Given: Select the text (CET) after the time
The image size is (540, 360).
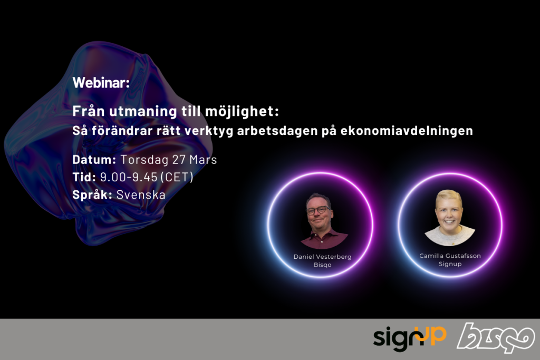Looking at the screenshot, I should point(178,177).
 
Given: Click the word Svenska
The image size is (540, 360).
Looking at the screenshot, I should point(141,194).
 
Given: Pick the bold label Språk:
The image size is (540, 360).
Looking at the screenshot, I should point(92,194).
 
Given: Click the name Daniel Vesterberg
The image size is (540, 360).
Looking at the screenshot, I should point(322,256).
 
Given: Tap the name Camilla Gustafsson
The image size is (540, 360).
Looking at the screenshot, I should point(450,256).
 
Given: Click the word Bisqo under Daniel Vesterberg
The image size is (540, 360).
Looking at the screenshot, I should point(322,265).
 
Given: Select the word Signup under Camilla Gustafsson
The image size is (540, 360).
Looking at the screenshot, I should point(450,264).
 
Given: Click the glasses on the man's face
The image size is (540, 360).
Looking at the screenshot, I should point(318,210).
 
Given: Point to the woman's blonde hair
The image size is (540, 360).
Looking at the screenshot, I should point(449,197).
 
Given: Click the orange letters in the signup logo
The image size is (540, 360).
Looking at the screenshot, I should point(434,334).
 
